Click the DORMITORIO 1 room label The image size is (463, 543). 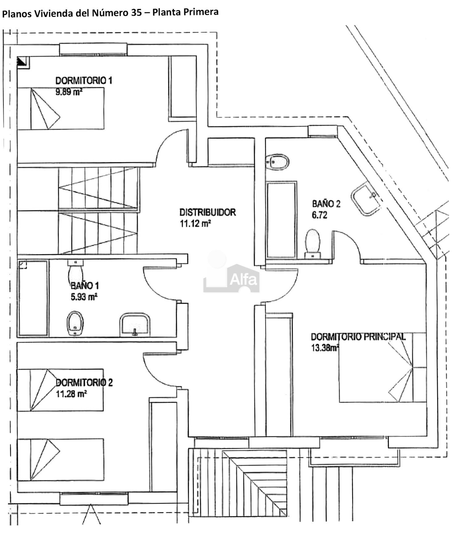[84, 81]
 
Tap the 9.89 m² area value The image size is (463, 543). [69, 92]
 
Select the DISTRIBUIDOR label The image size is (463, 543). [208, 212]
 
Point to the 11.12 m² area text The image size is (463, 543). [195, 223]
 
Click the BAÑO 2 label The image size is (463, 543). [326, 204]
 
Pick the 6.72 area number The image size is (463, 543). [319, 215]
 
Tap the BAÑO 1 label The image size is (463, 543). [85, 286]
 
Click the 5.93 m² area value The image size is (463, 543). [84, 297]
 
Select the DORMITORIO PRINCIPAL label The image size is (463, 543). [358, 337]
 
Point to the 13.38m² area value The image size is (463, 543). [325, 348]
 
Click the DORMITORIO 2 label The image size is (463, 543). [84, 383]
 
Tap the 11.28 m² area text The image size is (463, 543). [71, 394]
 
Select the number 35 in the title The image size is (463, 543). [136, 13]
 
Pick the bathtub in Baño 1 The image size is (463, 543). [33, 298]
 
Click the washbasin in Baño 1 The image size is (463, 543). [135, 325]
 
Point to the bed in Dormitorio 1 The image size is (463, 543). [60, 108]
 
